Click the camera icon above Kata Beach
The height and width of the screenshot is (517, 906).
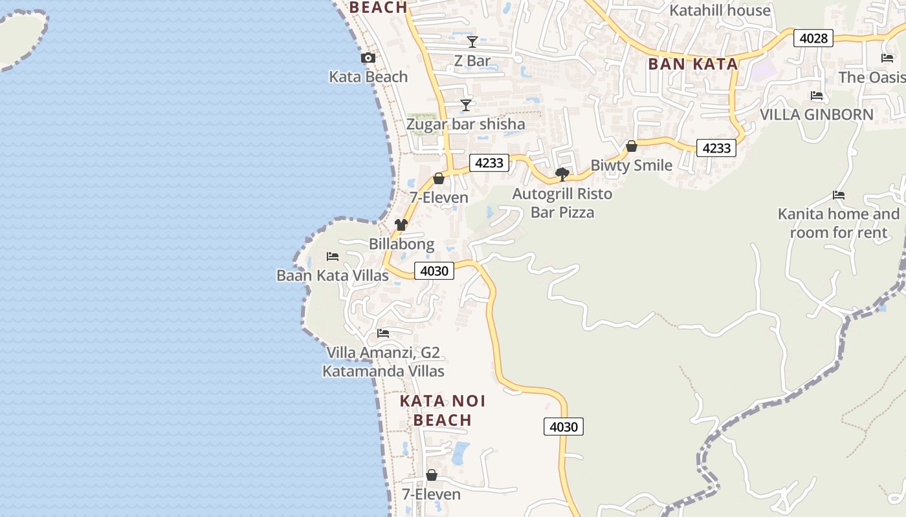click(368, 58)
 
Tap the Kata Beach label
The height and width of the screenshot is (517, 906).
click(368, 77)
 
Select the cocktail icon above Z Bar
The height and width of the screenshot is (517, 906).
click(472, 42)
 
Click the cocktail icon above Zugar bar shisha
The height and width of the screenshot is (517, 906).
click(466, 105)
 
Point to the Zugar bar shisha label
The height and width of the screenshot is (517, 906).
click(465, 124)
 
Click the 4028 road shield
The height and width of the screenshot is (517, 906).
click(813, 38)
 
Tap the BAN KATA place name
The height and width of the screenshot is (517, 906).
click(693, 64)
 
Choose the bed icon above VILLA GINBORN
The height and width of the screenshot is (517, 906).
click(817, 96)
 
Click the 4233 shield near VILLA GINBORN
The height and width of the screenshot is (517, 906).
click(716, 148)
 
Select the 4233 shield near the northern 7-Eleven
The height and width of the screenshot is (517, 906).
click(489, 163)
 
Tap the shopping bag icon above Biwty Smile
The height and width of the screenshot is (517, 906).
click(632, 147)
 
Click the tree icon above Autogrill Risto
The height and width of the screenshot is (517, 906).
click(562, 174)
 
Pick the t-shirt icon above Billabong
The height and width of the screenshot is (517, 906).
click(401, 225)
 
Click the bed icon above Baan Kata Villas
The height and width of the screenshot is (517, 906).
click(333, 257)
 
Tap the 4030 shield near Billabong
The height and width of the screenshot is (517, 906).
click(434, 271)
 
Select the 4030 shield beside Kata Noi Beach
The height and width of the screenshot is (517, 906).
click(563, 427)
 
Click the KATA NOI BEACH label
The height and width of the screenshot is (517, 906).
click(443, 410)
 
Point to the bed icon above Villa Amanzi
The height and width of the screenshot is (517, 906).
click(383, 333)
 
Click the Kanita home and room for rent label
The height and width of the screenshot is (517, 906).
click(839, 223)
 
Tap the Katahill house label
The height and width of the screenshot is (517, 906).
click(720, 10)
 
